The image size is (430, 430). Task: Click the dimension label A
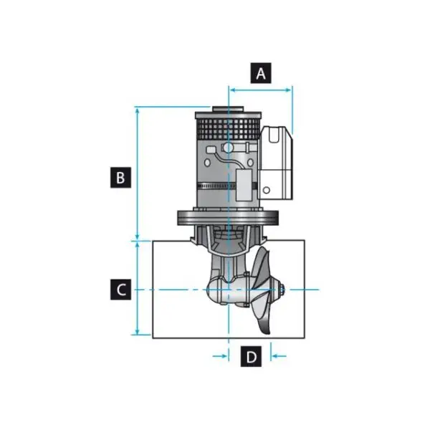coord(261,73)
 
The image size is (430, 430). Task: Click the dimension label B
coord(121,176)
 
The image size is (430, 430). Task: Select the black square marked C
coord(121,290)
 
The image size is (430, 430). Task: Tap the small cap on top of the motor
coord(224,110)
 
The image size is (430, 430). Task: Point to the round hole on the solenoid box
coord(267,191)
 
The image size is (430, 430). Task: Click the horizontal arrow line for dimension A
coord(261,90)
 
